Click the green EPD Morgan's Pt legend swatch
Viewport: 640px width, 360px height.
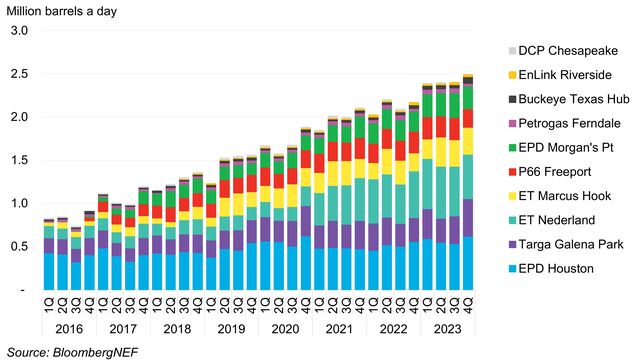click(513, 148)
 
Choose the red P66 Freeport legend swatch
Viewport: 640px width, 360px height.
click(513, 172)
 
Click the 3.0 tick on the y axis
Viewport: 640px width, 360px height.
click(18, 31)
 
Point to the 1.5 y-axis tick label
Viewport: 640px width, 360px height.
click(18, 160)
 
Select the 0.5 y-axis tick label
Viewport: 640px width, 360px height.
click(18, 246)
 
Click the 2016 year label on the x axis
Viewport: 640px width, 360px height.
click(69, 327)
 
